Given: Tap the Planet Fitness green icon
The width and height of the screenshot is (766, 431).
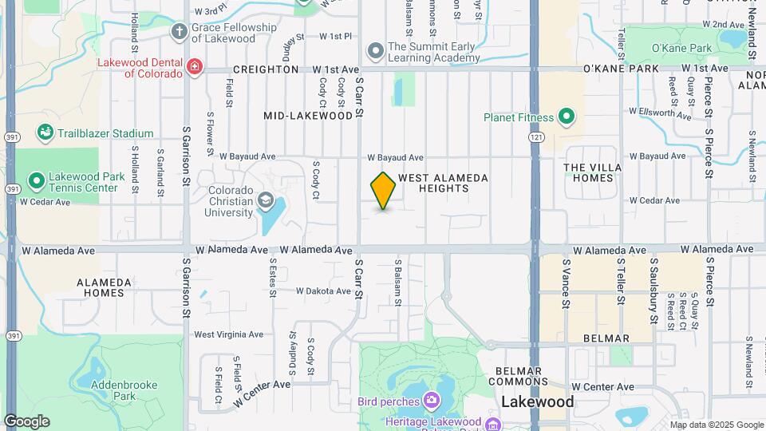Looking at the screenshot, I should tap(567, 118).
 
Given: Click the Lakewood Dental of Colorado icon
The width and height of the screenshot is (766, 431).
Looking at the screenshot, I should tap(194, 65).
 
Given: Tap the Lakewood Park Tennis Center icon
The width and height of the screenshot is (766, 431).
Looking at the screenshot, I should tap(36, 181).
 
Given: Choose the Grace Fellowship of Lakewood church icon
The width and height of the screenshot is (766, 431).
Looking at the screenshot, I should tap(180, 32).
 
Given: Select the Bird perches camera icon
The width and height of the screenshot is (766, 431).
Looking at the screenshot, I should tap(432, 399).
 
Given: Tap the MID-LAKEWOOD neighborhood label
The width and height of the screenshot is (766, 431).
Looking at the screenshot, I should tap(308, 116).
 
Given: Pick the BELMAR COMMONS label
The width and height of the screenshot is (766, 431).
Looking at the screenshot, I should tap(519, 377).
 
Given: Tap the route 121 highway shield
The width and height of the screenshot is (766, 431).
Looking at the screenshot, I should tap(535, 138).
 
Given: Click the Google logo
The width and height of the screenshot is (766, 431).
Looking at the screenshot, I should tap(26, 421).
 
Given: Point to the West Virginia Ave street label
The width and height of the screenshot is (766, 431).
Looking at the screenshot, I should tap(229, 334).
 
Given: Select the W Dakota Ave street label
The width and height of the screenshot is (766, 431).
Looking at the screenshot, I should tap(323, 291).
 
